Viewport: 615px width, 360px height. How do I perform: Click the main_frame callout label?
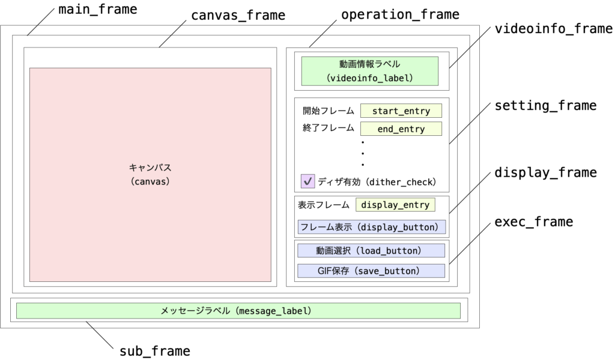click(x=98, y=10)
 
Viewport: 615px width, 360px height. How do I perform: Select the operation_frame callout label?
click(x=400, y=14)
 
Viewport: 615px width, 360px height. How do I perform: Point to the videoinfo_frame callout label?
click(x=553, y=29)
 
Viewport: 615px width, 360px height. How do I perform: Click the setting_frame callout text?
click(x=545, y=106)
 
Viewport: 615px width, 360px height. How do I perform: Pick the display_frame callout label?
click(x=545, y=172)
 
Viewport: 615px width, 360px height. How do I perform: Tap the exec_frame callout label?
click(x=533, y=222)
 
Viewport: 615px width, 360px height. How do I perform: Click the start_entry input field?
click(x=401, y=111)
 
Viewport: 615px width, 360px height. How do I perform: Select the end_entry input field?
click(x=401, y=129)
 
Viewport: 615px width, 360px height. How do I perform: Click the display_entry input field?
click(x=395, y=205)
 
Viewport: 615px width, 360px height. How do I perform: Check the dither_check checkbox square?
click(x=308, y=181)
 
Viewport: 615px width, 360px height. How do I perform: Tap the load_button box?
click(x=371, y=251)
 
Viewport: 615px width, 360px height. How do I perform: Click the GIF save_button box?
click(x=371, y=271)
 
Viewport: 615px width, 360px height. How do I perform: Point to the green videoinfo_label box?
click(x=370, y=70)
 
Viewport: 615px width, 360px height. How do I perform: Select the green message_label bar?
click(x=238, y=311)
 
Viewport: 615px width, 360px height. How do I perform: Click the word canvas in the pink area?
click(x=150, y=180)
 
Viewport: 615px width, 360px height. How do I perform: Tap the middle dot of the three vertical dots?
click(x=363, y=153)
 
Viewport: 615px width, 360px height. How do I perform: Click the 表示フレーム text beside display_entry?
click(x=324, y=205)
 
